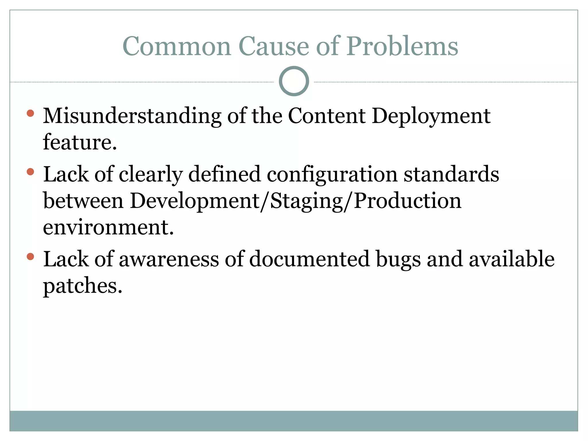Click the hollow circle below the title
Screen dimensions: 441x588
pos(294,81)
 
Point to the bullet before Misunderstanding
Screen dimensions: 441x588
pos(30,113)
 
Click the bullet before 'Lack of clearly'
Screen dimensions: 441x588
pos(30,172)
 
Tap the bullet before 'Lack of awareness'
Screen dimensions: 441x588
pos(30,256)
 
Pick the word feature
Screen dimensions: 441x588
pos(80,142)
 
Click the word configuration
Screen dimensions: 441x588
pos(332,175)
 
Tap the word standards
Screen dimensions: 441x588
pos(451,175)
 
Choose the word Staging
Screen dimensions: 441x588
pos(307,201)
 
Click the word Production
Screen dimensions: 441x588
pos(408,201)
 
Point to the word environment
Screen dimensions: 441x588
pos(108,227)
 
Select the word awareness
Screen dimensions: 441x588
pos(169,259)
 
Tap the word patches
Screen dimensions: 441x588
pos(83,286)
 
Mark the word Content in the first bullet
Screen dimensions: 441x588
pos(327,116)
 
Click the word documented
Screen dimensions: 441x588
pos(310,259)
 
